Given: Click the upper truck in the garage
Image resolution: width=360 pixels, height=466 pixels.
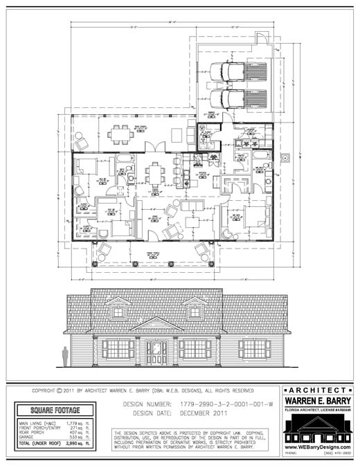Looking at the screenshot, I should point(237,71).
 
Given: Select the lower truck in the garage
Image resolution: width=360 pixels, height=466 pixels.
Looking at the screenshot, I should point(237,97).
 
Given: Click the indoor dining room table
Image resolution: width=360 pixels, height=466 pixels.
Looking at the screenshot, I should point(156,171).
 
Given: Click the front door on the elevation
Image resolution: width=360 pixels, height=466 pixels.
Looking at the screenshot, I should point(156,352).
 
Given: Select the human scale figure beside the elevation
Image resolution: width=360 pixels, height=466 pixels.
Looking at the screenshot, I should point(66,356).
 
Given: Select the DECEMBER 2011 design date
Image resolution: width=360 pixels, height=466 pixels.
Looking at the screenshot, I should point(205,413).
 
